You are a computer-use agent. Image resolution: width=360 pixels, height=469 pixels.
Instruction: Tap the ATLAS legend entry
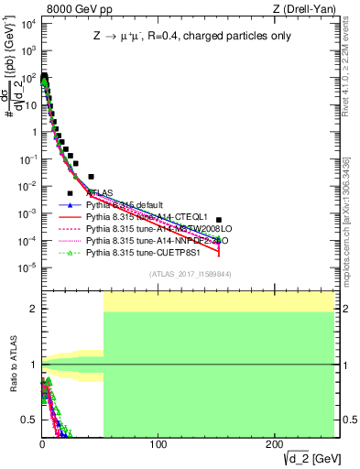(x=101, y=193)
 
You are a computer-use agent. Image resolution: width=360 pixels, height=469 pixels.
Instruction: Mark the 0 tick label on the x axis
(x=42, y=445)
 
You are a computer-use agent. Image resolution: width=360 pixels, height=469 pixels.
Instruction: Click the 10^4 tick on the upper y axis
(x=27, y=24)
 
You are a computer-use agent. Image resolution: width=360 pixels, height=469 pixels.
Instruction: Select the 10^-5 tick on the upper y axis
(x=27, y=267)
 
